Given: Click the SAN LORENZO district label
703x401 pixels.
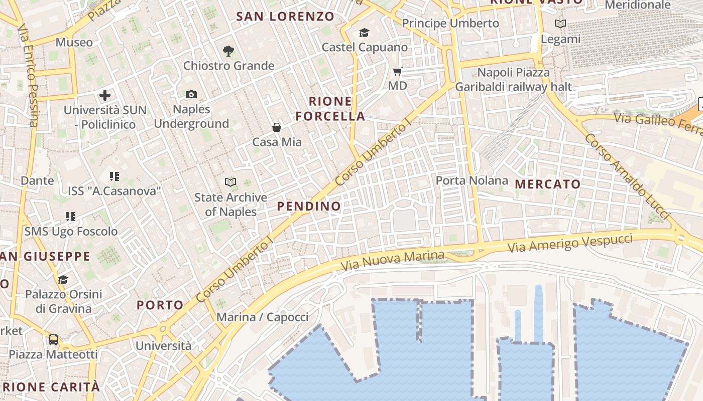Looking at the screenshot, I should point(285,17).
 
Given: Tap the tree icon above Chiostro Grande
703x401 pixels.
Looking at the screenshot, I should point(228,51).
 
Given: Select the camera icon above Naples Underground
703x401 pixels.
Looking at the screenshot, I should point(191,94).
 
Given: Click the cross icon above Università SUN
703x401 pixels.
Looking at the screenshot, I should point(105,95).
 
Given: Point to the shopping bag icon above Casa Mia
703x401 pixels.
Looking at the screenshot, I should point(276,127).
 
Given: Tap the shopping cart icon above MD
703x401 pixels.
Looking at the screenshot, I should point(397,71).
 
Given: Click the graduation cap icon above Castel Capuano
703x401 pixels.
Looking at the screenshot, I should point(364,33).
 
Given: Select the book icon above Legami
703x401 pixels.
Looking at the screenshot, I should point(560,24).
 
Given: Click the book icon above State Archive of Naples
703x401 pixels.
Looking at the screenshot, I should point(230,182).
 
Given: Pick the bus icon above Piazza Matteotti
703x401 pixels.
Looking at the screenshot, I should point(53,339).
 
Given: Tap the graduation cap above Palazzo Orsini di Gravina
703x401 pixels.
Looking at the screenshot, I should point(63,279).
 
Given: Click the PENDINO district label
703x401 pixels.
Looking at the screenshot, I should point(309,206).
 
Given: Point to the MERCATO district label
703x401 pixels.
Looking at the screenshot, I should point(548,184).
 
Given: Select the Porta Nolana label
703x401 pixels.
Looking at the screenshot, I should point(472,180).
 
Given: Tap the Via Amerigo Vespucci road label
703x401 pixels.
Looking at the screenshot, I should point(570,243).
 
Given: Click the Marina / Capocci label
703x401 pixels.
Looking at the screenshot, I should point(262,317).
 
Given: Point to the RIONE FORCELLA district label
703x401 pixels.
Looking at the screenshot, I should point(330,109).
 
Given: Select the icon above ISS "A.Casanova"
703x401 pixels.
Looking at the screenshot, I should point(114,176).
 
